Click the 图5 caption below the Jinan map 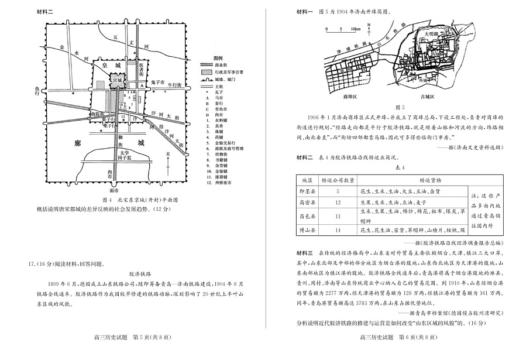(400, 107)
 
